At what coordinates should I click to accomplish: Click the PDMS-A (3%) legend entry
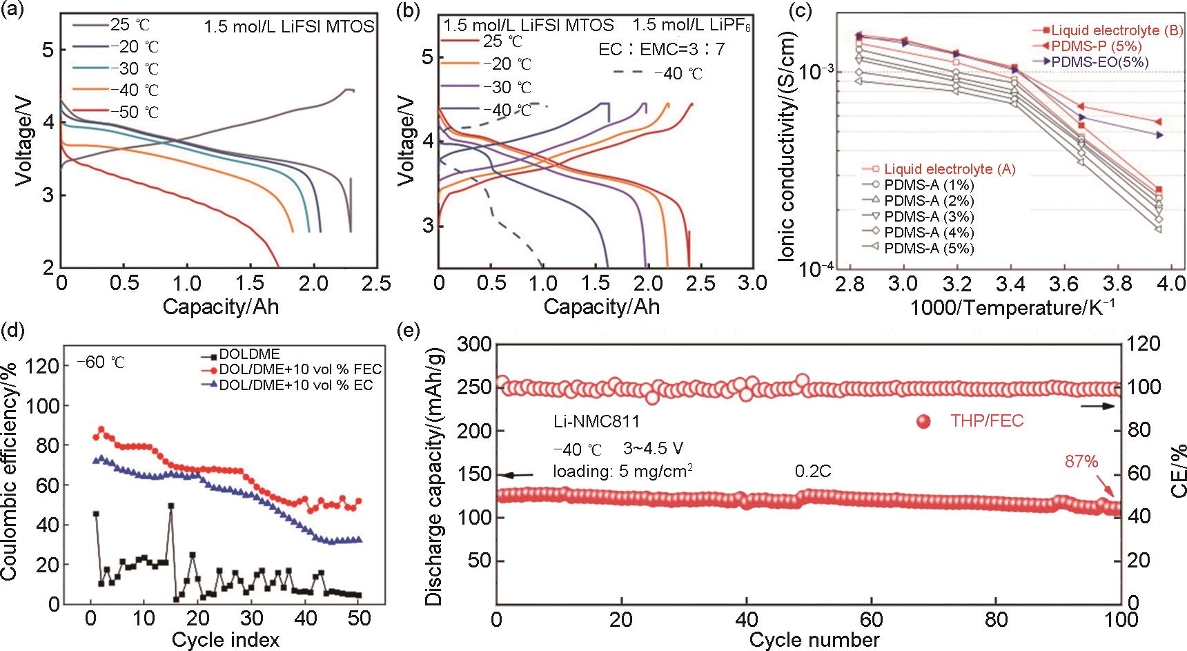(x=928, y=217)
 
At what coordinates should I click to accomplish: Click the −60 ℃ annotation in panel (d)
(x=101, y=362)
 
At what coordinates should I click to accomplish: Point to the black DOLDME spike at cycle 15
(x=170, y=506)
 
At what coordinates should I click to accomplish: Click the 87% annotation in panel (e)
(x=1081, y=462)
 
